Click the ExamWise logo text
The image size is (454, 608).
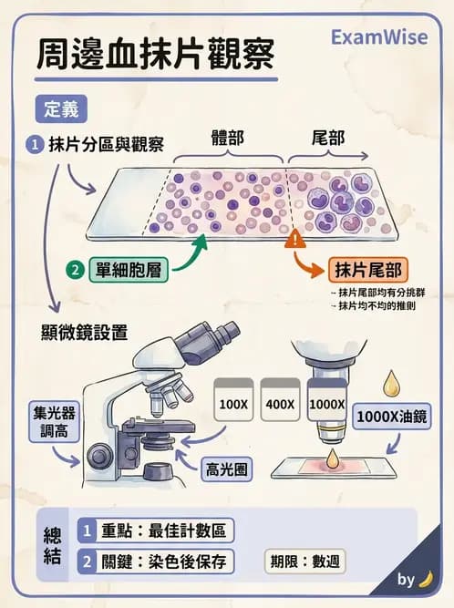point(379,38)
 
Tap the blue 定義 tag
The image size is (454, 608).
point(60,109)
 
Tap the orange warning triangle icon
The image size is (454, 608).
point(295,241)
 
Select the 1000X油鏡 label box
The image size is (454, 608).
point(391,417)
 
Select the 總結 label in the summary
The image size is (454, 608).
point(53,545)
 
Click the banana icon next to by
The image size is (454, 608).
point(426,579)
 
